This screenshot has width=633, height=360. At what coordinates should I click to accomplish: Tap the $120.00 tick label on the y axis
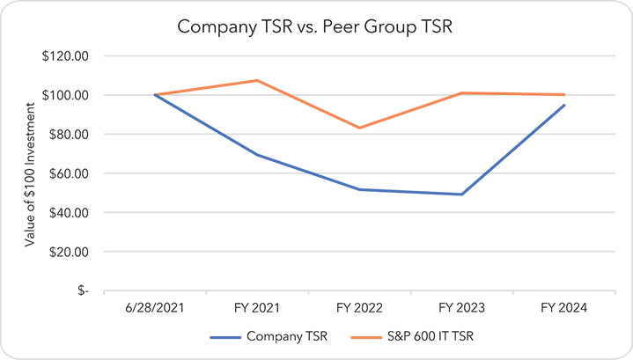[67, 55]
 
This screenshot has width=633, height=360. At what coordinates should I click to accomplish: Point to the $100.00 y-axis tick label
[67, 95]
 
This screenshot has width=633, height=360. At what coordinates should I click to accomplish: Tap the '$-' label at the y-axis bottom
[82, 290]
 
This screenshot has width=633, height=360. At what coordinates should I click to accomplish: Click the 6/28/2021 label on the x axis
[155, 309]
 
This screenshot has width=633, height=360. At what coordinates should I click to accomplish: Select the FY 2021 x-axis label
[257, 309]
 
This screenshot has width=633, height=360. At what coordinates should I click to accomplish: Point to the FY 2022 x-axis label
[359, 309]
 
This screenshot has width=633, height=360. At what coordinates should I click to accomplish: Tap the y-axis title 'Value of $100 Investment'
[30, 173]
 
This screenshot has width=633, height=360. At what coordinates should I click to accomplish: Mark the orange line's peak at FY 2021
[257, 80]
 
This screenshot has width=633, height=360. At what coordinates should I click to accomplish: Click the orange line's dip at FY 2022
[359, 128]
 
